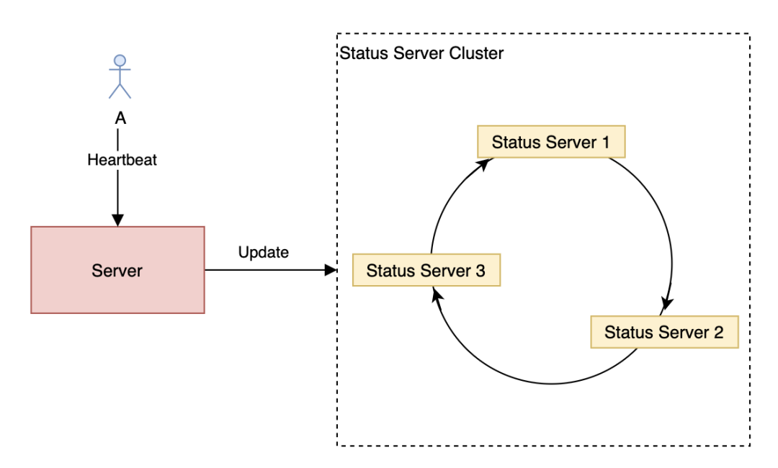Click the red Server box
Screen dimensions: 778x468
[117, 270]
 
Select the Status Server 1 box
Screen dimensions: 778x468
[551, 142]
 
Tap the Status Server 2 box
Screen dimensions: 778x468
[664, 332]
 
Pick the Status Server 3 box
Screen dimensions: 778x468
[426, 270]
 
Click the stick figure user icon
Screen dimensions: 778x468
[120, 77]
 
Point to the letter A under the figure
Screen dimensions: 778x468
[120, 118]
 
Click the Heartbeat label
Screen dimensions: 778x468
[122, 160]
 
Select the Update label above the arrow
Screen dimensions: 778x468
[264, 252]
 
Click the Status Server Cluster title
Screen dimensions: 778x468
[421, 53]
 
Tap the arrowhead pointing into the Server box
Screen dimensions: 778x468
[117, 220]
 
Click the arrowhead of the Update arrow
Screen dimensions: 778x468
[331, 270]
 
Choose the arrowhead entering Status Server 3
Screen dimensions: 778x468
[437, 294]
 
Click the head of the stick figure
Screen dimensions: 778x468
[120, 60]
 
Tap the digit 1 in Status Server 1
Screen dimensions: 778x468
[605, 143]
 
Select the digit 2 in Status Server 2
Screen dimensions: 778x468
[718, 332]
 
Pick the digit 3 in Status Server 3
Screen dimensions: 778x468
[480, 271]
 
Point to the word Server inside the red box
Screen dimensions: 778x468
[117, 271]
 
